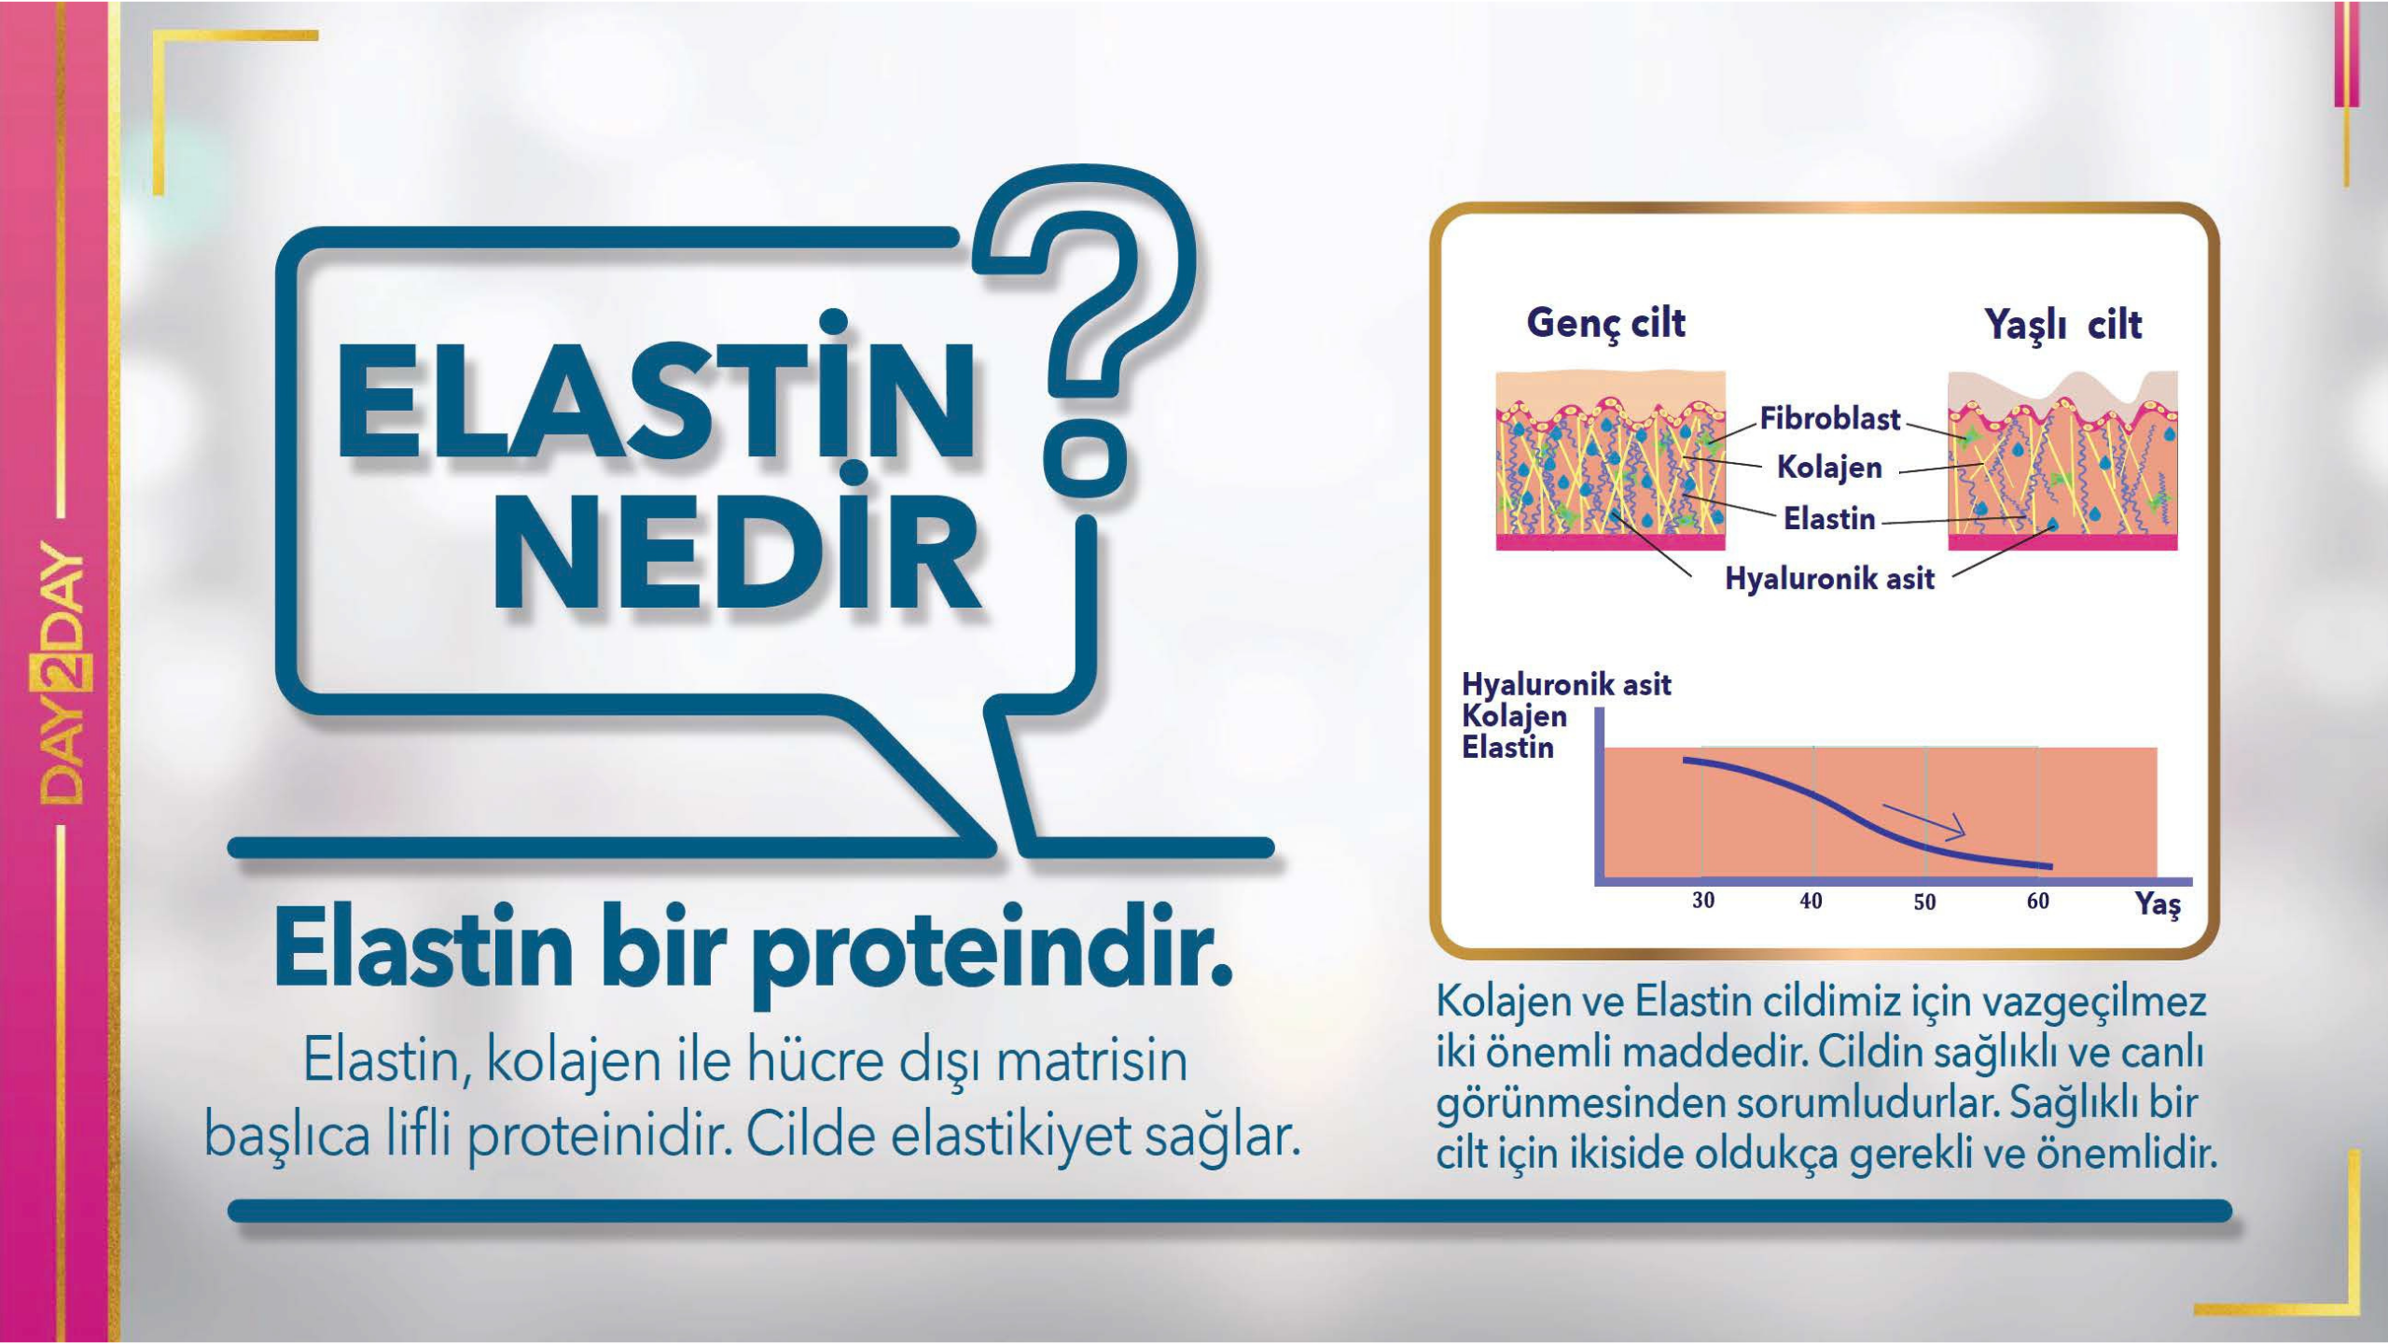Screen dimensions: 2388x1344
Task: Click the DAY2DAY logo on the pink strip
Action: click(x=62, y=673)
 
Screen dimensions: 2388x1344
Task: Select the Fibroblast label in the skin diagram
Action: click(x=1829, y=418)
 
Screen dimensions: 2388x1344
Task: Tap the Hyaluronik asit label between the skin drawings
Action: click(x=1829, y=579)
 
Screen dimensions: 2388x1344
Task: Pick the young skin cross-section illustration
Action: click(x=1610, y=460)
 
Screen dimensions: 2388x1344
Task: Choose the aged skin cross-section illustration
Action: click(x=2062, y=460)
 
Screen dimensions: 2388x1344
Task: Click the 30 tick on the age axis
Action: click(x=1703, y=901)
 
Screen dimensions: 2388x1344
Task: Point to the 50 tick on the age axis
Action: click(x=1924, y=903)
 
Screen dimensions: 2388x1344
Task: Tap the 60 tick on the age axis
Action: click(x=2037, y=901)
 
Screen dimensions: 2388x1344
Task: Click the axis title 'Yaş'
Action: click(x=2158, y=904)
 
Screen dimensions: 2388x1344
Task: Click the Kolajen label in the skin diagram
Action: click(x=1829, y=468)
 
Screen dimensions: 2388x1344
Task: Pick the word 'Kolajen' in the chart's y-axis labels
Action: click(x=1514, y=716)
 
